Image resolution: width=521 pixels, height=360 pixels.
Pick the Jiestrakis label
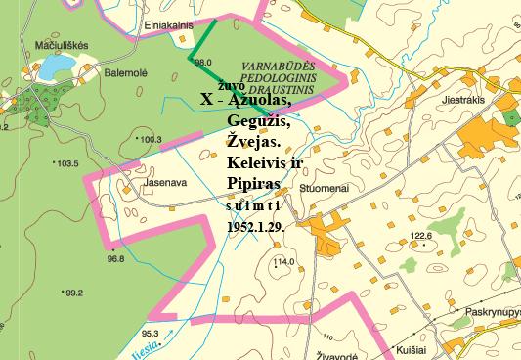coord(465,99)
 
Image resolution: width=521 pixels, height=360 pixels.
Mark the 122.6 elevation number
coord(421,236)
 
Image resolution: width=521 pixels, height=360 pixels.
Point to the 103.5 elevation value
coord(66,164)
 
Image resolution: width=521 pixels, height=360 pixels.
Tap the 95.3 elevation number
coord(150,333)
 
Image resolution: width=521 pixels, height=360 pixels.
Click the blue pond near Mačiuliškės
coord(55,67)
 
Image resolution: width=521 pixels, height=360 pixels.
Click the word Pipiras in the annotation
coord(252,183)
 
